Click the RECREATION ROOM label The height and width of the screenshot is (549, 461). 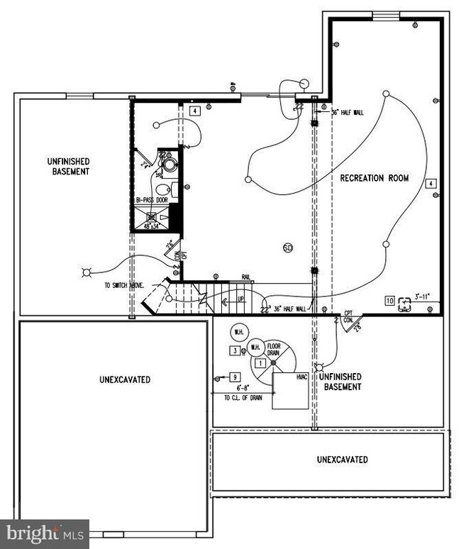coord(374,178)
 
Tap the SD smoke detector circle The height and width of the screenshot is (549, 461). coord(288,248)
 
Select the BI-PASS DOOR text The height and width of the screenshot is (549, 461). coord(152,201)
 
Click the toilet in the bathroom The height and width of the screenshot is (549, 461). coord(162,189)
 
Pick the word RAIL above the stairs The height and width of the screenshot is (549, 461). coord(245,278)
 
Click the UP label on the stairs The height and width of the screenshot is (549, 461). coord(240,300)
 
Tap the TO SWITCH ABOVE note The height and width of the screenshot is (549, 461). coord(124,284)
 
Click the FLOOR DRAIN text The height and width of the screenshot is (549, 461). coord(274,349)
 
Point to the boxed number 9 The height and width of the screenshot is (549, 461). coord(234,377)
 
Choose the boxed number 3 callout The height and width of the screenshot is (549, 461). coord(233,350)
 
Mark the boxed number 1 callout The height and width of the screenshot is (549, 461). coord(261,363)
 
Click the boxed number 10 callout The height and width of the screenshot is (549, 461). coord(389,300)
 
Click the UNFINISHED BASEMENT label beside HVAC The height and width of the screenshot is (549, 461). coord(343,382)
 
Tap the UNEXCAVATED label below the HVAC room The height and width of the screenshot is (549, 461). coord(342,460)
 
